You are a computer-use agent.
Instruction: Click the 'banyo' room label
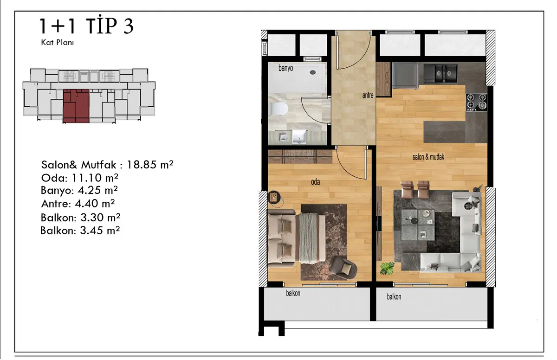pos(286,68)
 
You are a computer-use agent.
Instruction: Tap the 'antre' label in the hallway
pos(368,95)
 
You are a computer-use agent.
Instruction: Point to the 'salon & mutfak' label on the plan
pos(428,157)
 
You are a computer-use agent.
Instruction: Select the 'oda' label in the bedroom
pos(315,182)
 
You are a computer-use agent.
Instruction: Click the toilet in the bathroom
pos(279,109)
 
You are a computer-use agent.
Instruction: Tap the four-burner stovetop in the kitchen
pos(476,102)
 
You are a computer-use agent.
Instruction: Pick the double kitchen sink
pos(440,73)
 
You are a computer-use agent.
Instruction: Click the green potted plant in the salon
pos(387,268)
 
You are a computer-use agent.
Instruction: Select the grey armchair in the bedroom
pos(343,268)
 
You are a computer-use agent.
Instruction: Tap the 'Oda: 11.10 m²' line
pos(79,178)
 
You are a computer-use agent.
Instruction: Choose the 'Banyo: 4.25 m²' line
pos(79,191)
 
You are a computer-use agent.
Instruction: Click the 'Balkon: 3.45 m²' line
pos(80,231)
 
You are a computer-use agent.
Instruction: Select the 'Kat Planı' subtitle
pos(58,43)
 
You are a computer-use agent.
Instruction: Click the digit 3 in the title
pos(128,26)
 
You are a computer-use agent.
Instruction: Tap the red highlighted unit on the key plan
pos(76,106)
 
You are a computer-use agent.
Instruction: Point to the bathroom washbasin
pos(299,136)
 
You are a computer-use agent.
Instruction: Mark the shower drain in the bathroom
pos(313,72)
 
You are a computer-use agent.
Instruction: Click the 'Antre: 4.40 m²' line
pos(78,204)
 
